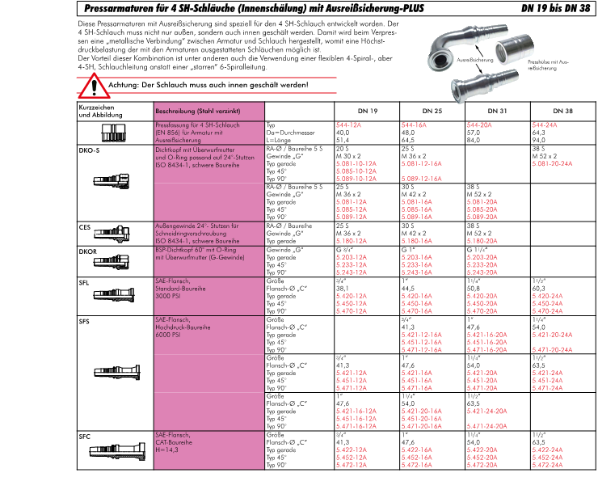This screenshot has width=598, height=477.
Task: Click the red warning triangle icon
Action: point(96,85)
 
